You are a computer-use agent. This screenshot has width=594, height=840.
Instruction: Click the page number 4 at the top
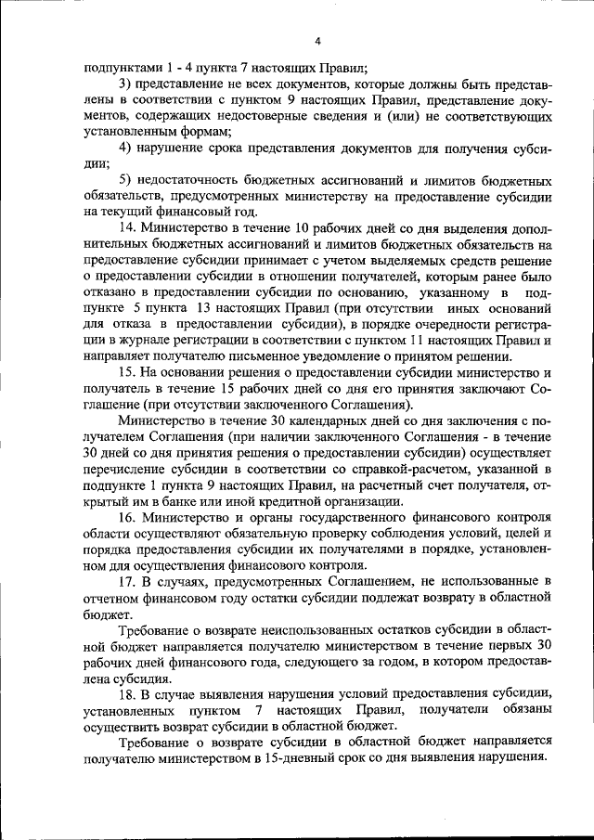point(317,41)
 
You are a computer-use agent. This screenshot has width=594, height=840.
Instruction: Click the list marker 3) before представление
point(125,85)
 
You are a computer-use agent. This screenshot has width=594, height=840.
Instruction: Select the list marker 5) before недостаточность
point(125,179)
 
